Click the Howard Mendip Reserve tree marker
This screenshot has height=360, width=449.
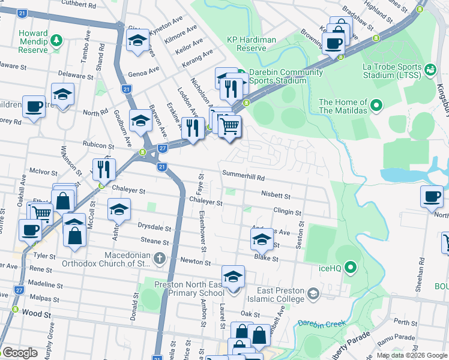tap(56, 40)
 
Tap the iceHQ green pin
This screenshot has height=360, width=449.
tap(351, 267)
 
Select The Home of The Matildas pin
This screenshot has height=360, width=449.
tap(376, 106)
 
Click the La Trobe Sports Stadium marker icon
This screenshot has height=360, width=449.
tap(430, 70)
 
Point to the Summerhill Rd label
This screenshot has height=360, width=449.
tap(243, 178)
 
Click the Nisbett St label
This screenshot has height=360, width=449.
tap(276, 196)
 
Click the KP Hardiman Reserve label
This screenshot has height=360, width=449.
tap(251, 44)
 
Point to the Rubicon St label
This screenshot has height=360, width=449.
tap(98, 146)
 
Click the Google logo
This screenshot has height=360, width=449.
tap(20, 353)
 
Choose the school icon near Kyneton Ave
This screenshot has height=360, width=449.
tap(137, 41)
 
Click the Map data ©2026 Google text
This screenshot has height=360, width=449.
tap(411, 355)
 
